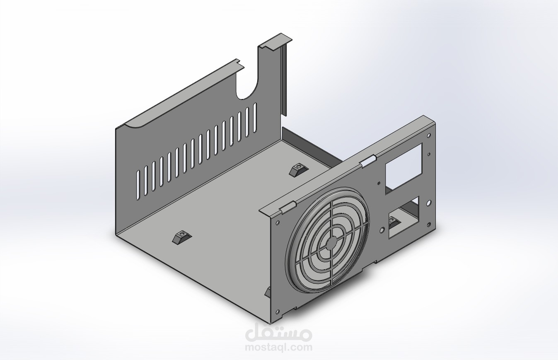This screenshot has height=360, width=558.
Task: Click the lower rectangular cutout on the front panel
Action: pyautogui.click(x=403, y=217)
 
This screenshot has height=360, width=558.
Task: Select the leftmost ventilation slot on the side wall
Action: pyautogui.click(x=138, y=184)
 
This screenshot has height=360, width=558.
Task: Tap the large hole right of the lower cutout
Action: pyautogui.click(x=429, y=203)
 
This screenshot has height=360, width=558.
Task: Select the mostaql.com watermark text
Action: pyautogui.click(x=278, y=347)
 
